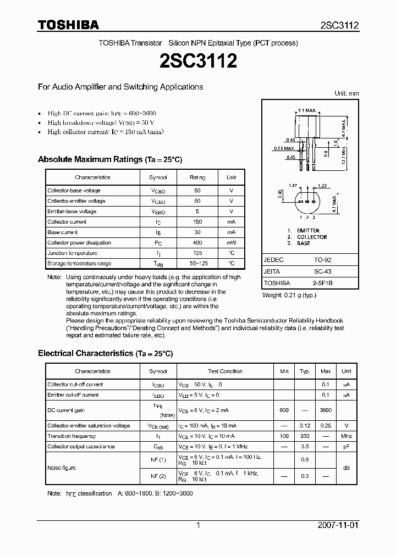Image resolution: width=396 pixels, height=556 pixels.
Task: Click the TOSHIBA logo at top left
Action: [68, 25]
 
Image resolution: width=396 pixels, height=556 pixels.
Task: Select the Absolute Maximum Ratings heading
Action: [109, 159]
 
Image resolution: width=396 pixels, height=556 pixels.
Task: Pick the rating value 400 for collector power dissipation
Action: [197, 243]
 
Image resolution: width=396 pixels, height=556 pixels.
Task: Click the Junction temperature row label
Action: [73, 253]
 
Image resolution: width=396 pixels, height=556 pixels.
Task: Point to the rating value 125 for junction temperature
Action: [197, 253]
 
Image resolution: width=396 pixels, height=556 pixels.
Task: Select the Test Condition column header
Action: [225, 371]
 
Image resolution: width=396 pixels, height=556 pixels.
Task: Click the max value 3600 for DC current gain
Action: [326, 410]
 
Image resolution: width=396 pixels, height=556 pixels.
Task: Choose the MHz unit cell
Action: [346, 436]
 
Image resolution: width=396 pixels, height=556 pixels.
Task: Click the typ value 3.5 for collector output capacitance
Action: [305, 447]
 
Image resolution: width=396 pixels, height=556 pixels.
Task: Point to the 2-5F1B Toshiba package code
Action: [323, 283]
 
